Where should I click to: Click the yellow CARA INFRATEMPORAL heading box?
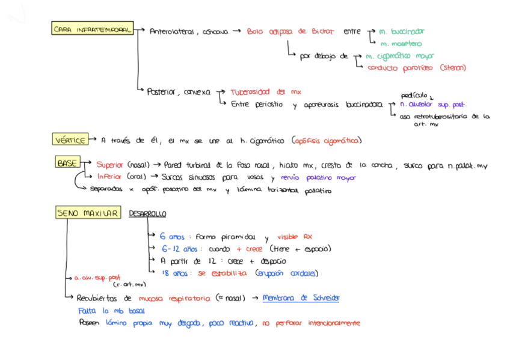pyautogui.click(x=92, y=29)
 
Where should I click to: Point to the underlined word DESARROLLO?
pyautogui.click(x=147, y=213)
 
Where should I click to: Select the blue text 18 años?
pyautogui.click(x=174, y=273)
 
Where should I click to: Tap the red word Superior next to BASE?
pyautogui.click(x=109, y=164)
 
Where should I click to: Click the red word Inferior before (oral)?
pyautogui.click(x=109, y=177)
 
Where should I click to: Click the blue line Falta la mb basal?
pyautogui.click(x=111, y=311)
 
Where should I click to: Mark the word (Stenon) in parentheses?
pyautogui.click(x=453, y=68)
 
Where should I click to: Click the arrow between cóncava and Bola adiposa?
pyautogui.click(x=236, y=31)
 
